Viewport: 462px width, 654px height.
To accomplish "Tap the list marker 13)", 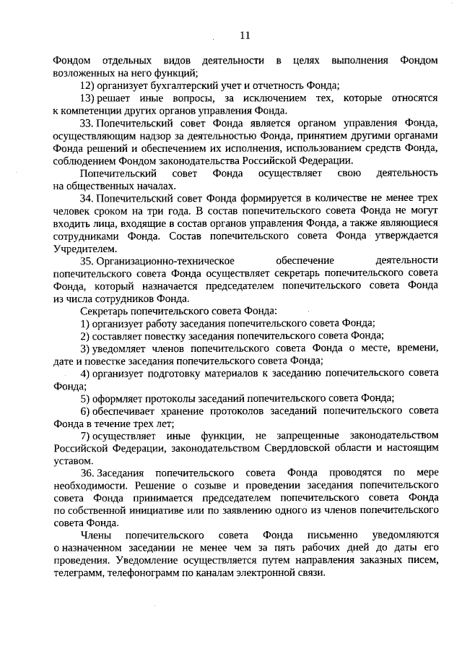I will pyautogui.click(x=88, y=98).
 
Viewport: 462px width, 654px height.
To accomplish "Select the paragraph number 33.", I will pyautogui.click(x=87, y=124).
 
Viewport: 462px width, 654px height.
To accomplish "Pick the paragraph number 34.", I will pyautogui.click(x=87, y=201).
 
